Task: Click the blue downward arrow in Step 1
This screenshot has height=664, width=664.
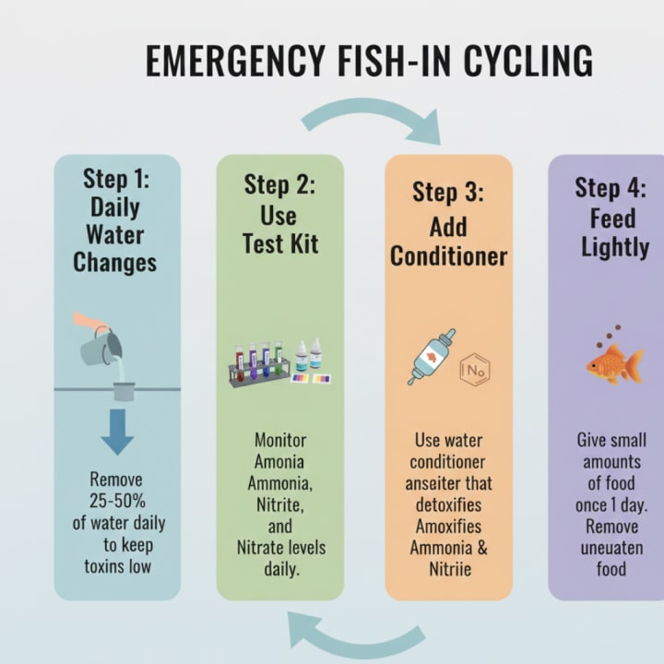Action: click(117, 431)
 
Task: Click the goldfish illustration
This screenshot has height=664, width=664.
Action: click(614, 363)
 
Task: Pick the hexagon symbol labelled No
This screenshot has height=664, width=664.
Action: click(476, 370)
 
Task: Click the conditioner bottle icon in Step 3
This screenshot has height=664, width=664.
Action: click(430, 358)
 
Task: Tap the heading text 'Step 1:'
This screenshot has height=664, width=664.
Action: click(117, 178)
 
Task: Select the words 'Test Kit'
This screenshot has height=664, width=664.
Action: click(279, 243)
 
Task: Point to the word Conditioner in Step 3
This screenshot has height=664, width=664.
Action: click(448, 255)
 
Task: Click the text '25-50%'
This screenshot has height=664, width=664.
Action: click(118, 501)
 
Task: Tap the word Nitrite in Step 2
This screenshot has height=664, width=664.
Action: click(279, 504)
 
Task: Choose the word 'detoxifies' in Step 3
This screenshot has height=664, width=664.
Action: click(449, 504)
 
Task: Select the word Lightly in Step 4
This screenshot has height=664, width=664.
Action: click(614, 247)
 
